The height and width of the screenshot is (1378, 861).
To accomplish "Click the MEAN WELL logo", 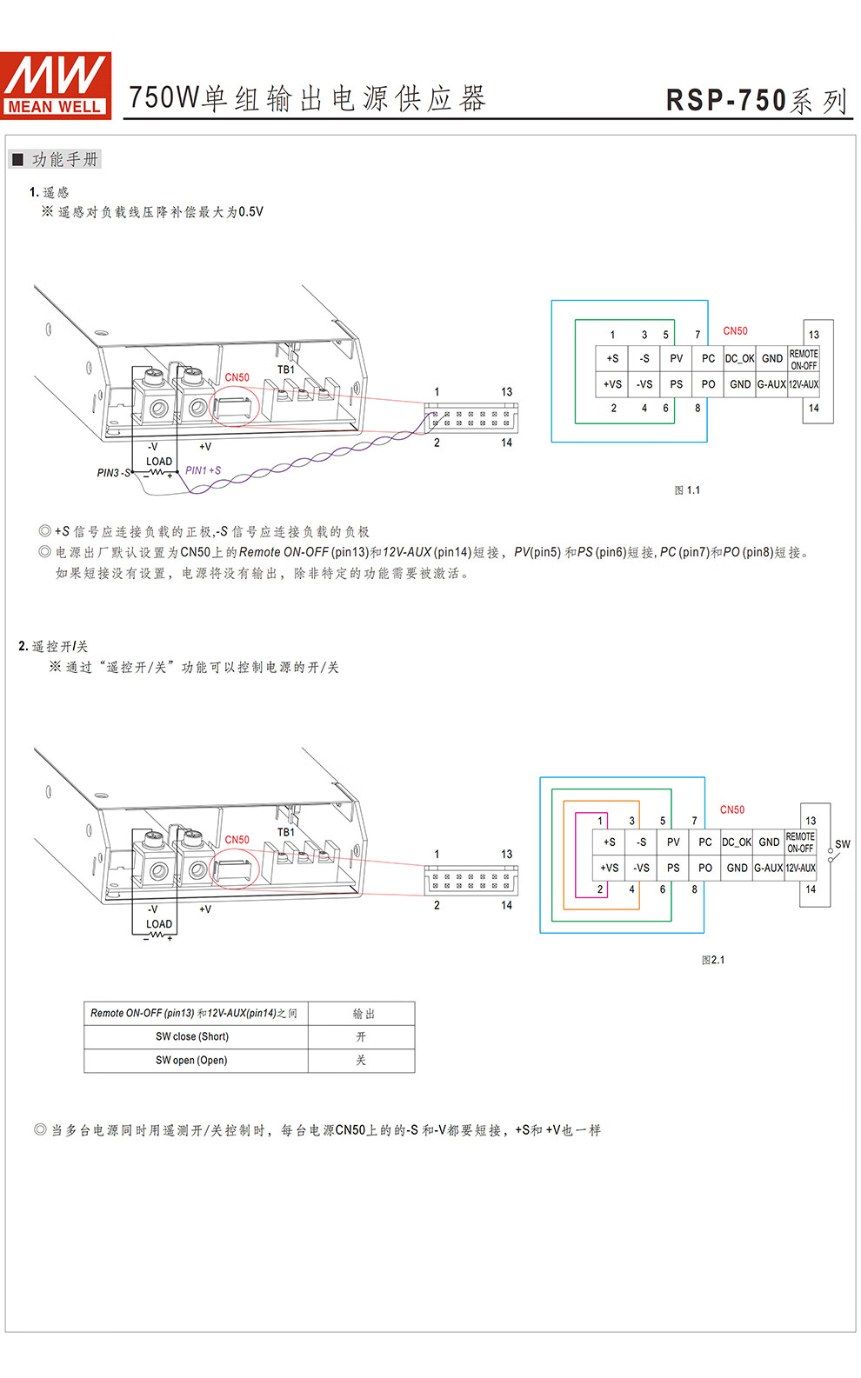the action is pyautogui.click(x=56, y=85).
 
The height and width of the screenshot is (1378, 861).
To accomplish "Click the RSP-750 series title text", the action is pyautogui.click(x=757, y=101).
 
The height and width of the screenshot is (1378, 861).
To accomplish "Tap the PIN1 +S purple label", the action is pyautogui.click(x=204, y=470).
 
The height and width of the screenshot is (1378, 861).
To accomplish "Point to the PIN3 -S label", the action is pyautogui.click(x=114, y=472).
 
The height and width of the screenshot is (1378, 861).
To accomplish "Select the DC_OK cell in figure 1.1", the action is pyautogui.click(x=739, y=359).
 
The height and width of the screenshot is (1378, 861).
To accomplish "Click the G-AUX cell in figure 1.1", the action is pyautogui.click(x=771, y=384).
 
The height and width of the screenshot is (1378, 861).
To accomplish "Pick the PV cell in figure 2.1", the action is pyautogui.click(x=673, y=842).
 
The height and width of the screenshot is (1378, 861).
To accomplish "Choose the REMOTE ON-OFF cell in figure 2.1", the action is pyautogui.click(x=800, y=842).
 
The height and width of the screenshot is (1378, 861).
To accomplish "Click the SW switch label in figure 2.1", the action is pyautogui.click(x=842, y=844).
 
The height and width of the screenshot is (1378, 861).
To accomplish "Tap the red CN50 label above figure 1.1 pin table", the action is pyautogui.click(x=735, y=331).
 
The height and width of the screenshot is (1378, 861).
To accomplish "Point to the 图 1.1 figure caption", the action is pyautogui.click(x=687, y=490).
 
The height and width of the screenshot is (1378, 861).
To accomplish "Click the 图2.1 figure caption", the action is pyautogui.click(x=712, y=960).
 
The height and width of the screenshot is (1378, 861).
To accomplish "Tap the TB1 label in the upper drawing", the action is pyautogui.click(x=285, y=369).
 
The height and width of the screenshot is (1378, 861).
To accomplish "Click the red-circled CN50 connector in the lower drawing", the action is pyautogui.click(x=234, y=868).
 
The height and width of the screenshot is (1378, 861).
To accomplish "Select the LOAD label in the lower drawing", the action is pyautogui.click(x=159, y=924).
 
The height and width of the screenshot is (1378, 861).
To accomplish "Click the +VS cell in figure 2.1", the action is pyautogui.click(x=610, y=868).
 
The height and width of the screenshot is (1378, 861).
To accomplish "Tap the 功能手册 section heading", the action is pyautogui.click(x=64, y=160).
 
